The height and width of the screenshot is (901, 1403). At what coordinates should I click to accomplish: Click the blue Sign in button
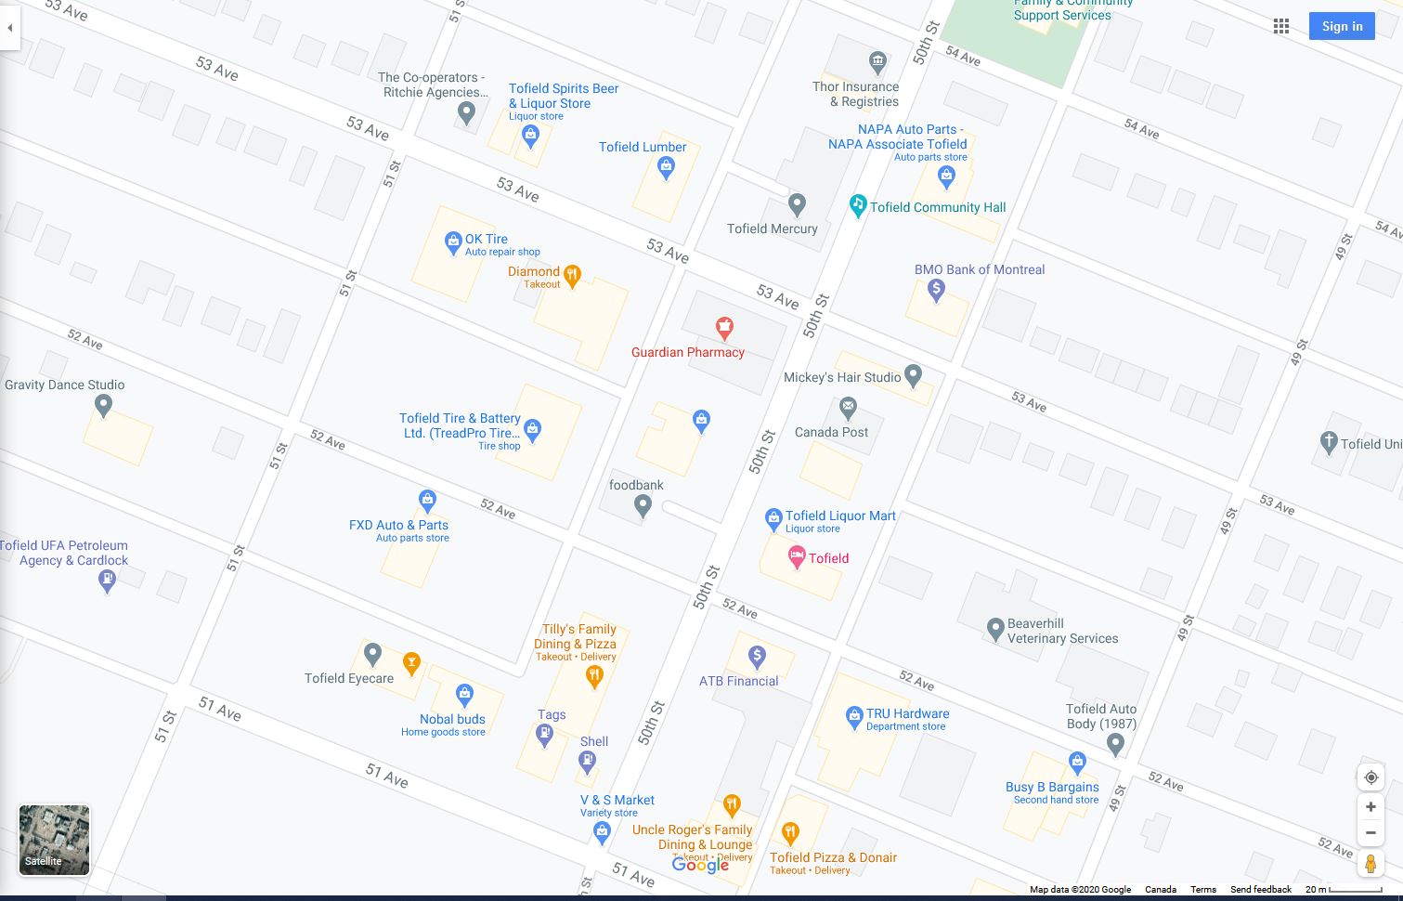tap(1342, 26)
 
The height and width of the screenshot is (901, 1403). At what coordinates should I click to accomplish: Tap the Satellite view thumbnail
tap(55, 840)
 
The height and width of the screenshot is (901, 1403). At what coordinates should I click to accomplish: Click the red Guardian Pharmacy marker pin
tap(724, 327)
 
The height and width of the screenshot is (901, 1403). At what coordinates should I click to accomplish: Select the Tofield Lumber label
tap(643, 147)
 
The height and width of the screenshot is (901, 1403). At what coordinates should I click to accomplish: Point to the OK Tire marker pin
tap(453, 243)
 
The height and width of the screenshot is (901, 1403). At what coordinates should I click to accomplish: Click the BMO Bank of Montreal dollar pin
tap(936, 290)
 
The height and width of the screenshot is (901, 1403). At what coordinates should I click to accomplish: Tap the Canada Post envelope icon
tap(848, 407)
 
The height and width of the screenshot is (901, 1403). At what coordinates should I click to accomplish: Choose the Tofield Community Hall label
tap(938, 207)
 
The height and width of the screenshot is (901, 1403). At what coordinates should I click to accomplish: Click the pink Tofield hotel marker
tap(796, 557)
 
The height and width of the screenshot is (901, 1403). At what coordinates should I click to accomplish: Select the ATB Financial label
tap(739, 681)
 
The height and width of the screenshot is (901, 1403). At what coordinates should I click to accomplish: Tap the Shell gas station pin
tap(587, 762)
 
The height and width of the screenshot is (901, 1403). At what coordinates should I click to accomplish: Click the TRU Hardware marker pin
tap(854, 717)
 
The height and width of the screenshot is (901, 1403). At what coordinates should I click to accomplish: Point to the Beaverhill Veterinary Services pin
tap(994, 629)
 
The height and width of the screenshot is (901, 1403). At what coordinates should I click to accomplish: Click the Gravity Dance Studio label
tap(64, 385)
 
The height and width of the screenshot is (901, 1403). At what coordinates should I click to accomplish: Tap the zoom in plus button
tap(1371, 806)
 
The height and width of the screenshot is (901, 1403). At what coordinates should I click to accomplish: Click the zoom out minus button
tap(1371, 832)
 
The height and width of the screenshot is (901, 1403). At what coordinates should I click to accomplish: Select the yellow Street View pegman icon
tap(1371, 864)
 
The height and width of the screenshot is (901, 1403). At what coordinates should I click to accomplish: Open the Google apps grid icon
tap(1281, 26)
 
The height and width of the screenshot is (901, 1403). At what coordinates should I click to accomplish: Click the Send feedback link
tap(1260, 890)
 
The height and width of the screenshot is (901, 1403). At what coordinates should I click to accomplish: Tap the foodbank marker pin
tap(643, 506)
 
